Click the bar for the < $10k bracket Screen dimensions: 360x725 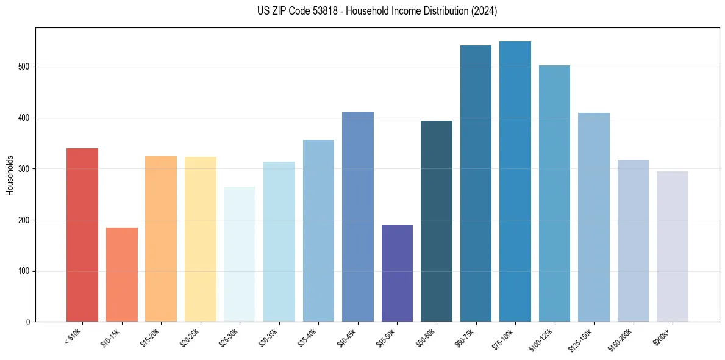coord(82,235)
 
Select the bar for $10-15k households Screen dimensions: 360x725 coord(122,275)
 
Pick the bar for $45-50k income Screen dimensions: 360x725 coord(397,273)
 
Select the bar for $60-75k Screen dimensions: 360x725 coord(476,184)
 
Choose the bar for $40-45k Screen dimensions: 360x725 coord(358,217)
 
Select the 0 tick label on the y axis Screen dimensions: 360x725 coord(28,322)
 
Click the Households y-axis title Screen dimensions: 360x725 coord(10,175)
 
